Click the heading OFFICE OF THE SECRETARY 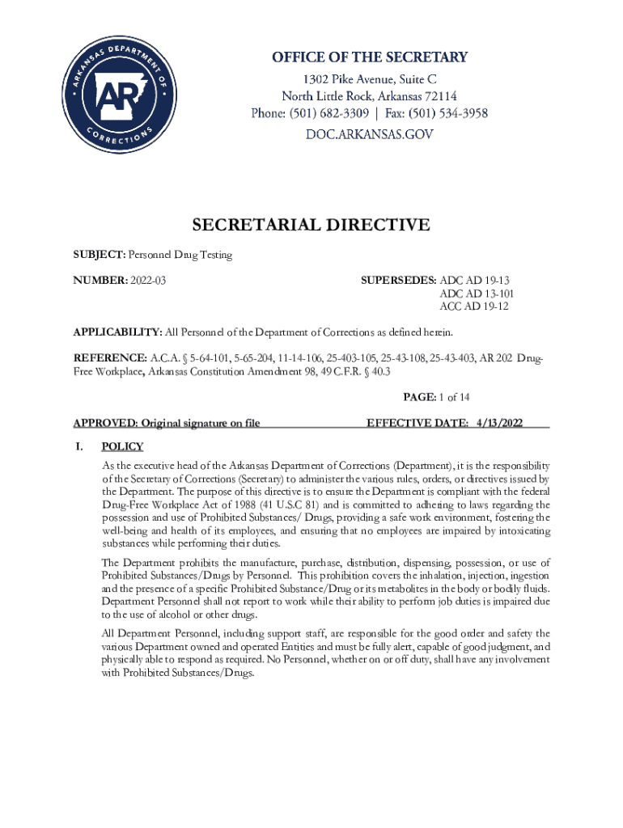click(x=369, y=57)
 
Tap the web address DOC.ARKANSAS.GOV click(x=369, y=134)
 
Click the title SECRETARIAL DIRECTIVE click(x=311, y=226)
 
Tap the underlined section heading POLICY click(x=122, y=446)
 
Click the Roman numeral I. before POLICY click(x=79, y=446)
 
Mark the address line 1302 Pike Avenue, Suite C click(x=369, y=78)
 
